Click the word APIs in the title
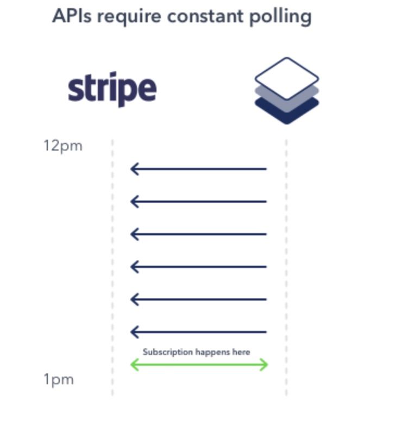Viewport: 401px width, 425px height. (x=72, y=16)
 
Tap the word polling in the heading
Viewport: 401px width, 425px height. (x=280, y=17)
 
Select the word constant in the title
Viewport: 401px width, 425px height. (x=205, y=16)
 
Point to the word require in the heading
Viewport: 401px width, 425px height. (x=129, y=17)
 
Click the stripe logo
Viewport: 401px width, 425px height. (x=112, y=89)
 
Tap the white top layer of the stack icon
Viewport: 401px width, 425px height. (x=287, y=78)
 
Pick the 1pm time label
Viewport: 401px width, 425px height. (x=59, y=380)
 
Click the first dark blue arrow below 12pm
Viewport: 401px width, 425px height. (x=199, y=169)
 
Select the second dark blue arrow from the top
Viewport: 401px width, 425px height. (x=199, y=202)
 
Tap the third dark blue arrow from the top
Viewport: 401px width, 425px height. (x=199, y=234)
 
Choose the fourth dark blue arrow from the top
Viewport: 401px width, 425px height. (x=199, y=267)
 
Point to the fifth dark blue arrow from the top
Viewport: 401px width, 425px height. (x=199, y=299)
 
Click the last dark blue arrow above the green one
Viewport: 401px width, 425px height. (x=199, y=332)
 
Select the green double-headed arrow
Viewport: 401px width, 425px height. (x=199, y=365)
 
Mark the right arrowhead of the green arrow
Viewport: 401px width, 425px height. (x=264, y=365)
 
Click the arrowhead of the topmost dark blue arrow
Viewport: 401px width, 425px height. (x=135, y=169)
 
